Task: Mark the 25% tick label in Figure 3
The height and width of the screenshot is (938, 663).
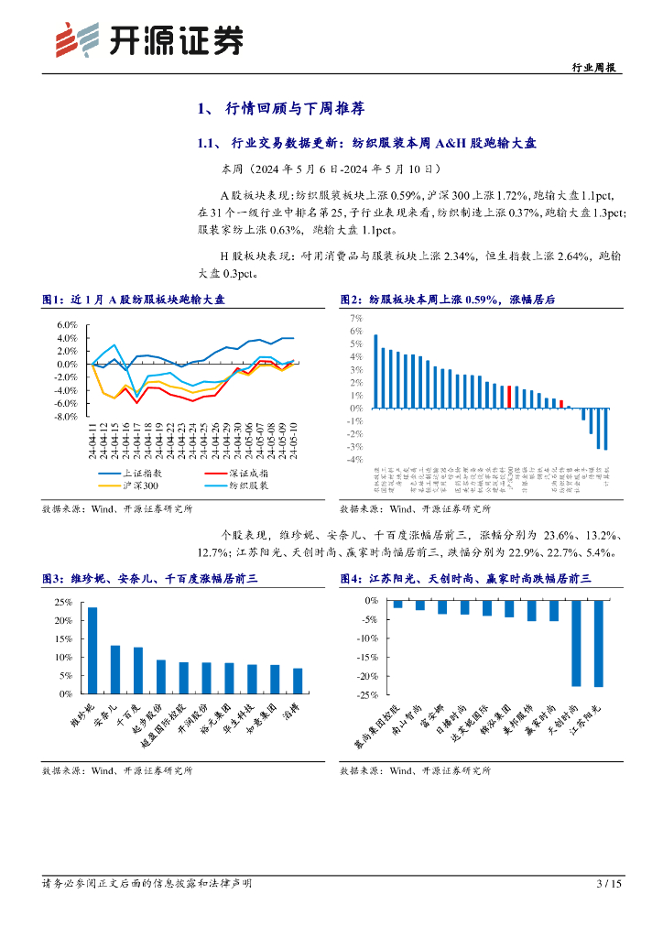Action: pyautogui.click(x=64, y=602)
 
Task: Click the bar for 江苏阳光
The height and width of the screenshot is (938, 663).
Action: pyautogui.click(x=599, y=643)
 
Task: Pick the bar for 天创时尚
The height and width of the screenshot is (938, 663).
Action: pyautogui.click(x=576, y=643)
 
